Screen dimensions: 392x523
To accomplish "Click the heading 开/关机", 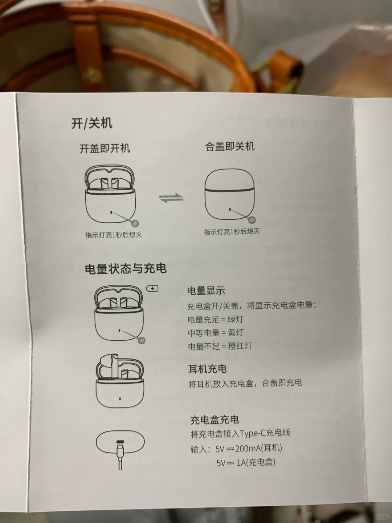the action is tap(91, 123).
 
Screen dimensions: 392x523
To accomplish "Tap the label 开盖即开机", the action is tap(105, 149).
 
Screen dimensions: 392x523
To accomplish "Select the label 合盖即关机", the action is tap(230, 146).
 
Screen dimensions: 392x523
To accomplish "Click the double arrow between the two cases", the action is tap(171, 198).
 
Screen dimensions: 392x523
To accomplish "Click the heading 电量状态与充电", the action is tap(126, 268).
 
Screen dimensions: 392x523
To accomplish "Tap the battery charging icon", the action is tap(152, 288).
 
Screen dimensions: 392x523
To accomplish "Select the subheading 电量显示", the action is tap(206, 291).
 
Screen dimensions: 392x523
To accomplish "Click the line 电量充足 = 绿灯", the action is tap(215, 319).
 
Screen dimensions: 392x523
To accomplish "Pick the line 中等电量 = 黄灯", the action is tap(215, 332).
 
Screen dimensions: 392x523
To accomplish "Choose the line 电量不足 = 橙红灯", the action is tap(220, 346).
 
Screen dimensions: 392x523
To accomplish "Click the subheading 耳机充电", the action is tap(207, 369).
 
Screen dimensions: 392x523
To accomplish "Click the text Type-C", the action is tap(252, 433).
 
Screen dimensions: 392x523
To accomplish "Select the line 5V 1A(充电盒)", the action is tap(246, 462).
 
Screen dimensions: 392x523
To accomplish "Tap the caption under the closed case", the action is tap(232, 232).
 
